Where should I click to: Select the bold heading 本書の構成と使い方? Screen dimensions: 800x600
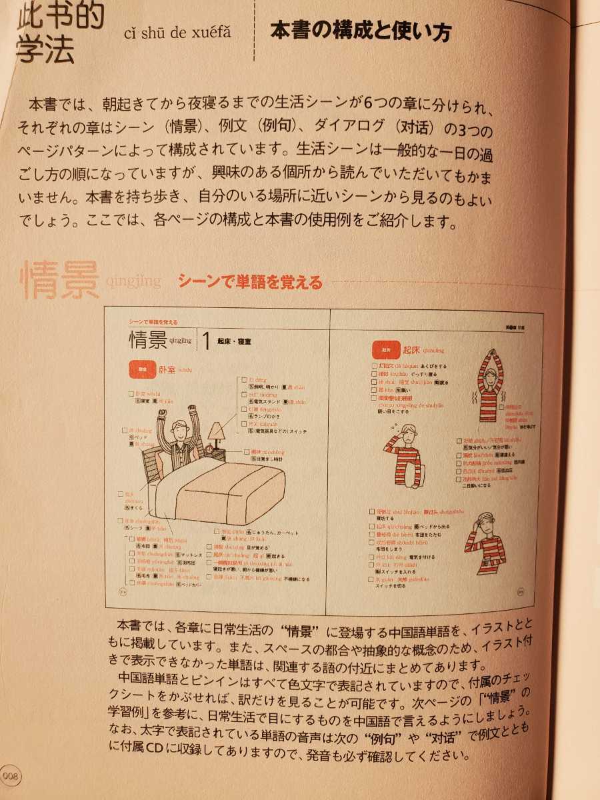point(360,31)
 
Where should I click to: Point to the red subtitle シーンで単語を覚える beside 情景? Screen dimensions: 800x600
point(250,282)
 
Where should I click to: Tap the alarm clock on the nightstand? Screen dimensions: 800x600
point(217,453)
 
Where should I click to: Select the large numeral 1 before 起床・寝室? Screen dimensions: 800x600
point(207,341)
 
